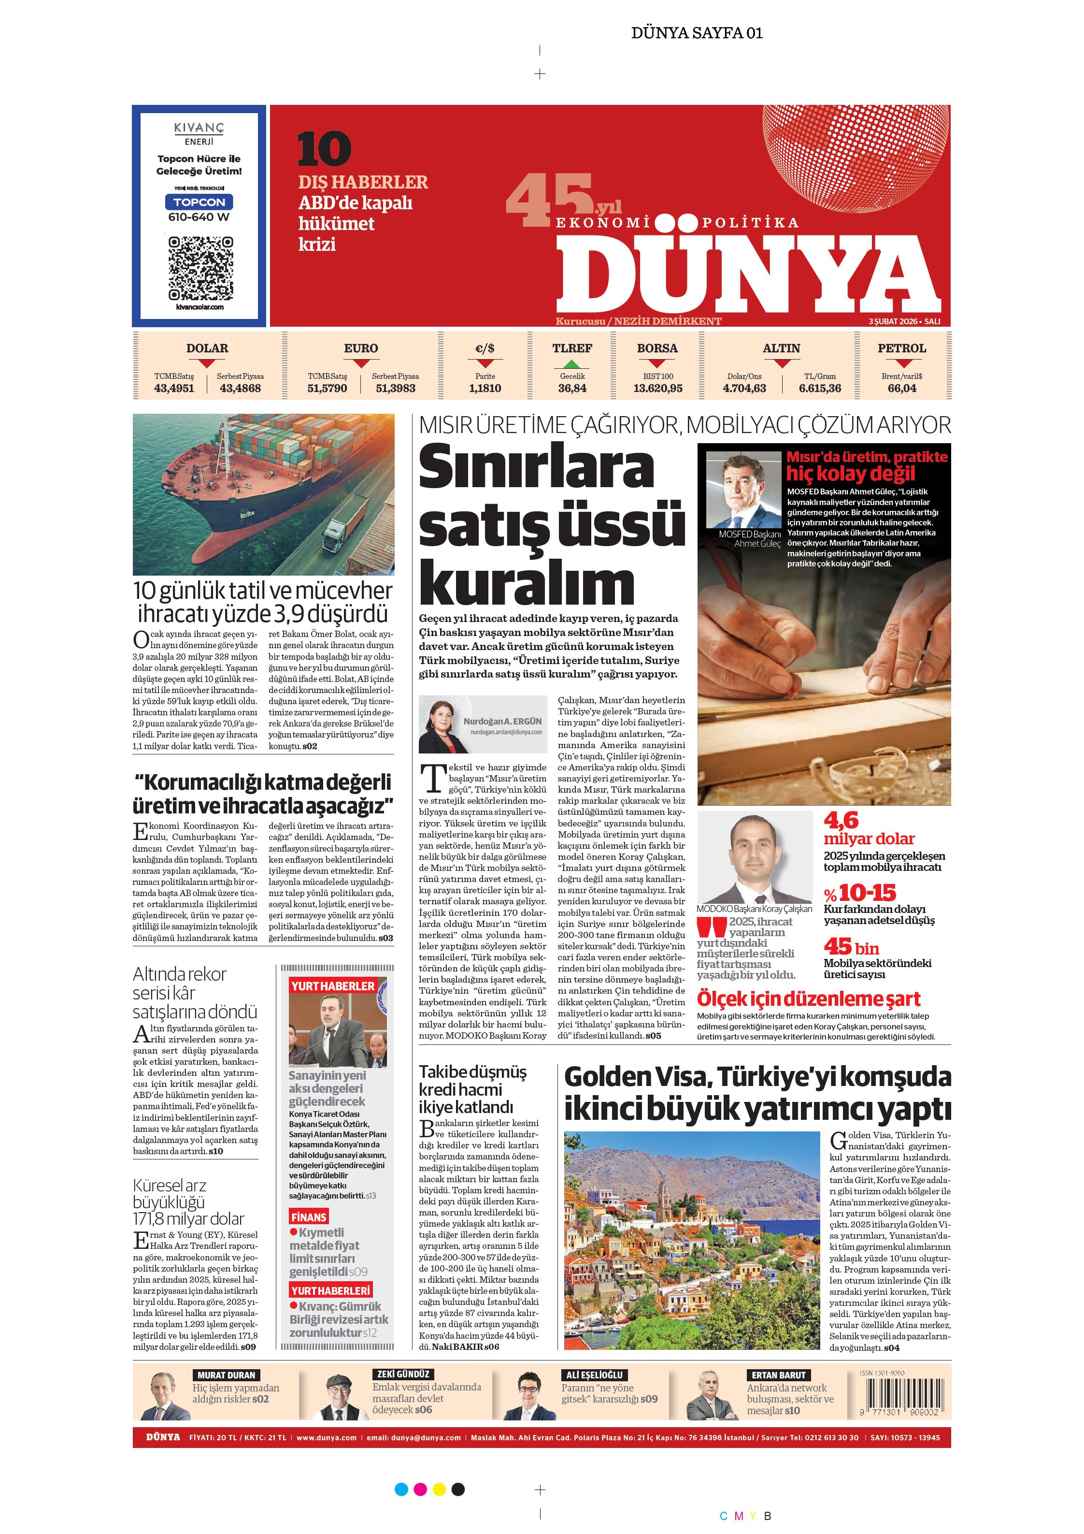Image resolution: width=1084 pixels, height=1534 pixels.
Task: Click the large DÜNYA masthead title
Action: [748, 274]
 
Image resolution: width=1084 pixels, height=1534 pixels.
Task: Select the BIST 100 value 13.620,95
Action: [658, 388]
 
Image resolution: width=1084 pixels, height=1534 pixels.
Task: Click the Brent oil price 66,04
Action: [902, 388]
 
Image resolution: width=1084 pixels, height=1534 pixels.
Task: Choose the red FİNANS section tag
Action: [309, 1216]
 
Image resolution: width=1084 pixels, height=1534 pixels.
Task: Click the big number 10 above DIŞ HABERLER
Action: [324, 149]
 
